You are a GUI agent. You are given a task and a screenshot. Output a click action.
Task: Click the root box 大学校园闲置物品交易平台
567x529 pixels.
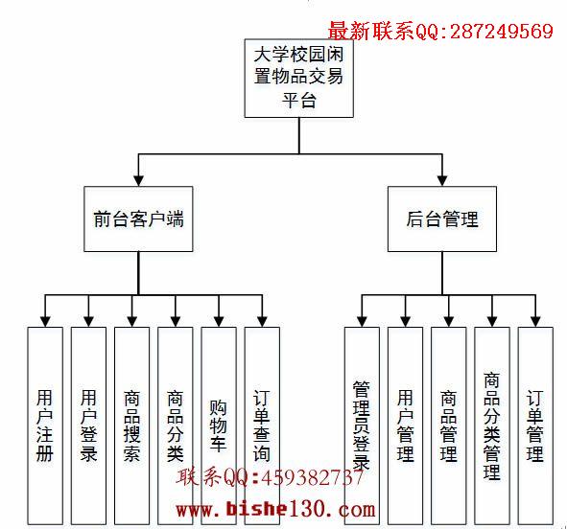[x=298, y=79]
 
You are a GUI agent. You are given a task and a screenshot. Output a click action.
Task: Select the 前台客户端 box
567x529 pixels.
[x=138, y=218]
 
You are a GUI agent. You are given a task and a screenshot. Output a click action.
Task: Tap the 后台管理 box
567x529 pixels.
[x=442, y=218]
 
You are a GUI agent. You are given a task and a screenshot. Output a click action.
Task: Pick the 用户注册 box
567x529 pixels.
[x=45, y=425]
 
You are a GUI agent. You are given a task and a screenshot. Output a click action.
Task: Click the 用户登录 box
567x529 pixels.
[x=88, y=425]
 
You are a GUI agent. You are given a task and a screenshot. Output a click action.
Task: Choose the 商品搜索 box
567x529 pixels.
[x=132, y=425]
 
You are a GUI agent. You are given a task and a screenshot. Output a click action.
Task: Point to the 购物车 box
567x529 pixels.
[x=219, y=425]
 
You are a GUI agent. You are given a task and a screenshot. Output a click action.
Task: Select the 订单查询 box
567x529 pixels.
[x=262, y=425]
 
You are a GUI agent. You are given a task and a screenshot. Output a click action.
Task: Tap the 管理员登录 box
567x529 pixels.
[x=362, y=425]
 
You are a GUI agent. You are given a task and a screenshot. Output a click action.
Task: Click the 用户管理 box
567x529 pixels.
[x=406, y=425]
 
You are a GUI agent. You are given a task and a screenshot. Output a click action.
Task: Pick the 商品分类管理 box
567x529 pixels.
[x=492, y=425]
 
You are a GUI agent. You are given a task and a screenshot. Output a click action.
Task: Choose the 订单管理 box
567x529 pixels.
[x=535, y=425]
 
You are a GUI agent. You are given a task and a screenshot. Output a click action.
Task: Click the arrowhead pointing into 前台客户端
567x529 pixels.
[x=138, y=181]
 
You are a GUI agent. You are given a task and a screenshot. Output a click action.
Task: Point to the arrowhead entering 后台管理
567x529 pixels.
[x=442, y=181]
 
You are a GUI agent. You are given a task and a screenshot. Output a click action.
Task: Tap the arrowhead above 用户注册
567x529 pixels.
[x=45, y=322]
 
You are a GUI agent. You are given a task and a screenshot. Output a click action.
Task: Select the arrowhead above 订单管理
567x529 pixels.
[x=535, y=322]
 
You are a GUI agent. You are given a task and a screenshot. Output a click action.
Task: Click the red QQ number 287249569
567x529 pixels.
[x=502, y=31]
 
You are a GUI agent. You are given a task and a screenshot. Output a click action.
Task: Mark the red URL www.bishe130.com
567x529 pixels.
[x=276, y=510]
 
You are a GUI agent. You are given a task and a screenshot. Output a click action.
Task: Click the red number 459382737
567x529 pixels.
[x=312, y=477]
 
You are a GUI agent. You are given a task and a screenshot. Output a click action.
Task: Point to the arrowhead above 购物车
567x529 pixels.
[x=219, y=322]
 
